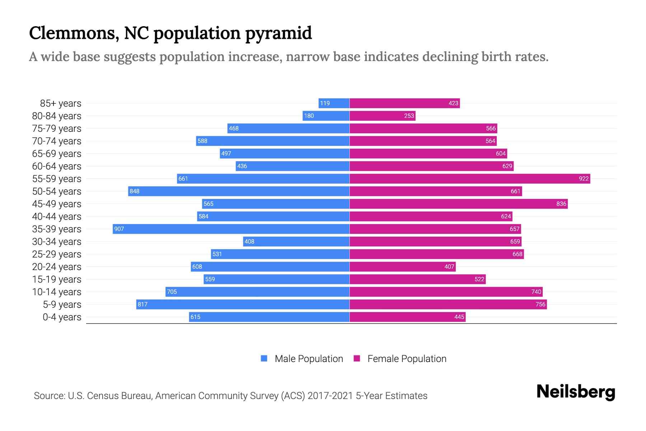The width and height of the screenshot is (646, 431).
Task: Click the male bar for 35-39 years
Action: [x=231, y=229]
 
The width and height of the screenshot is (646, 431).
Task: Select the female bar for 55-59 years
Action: [x=469, y=179]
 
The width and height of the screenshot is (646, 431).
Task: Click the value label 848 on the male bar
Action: [x=135, y=191]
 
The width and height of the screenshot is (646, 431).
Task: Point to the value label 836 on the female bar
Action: [x=561, y=204]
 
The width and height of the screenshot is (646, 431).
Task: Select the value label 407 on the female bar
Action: [x=449, y=267]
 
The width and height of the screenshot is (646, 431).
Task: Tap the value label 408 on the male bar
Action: [x=249, y=241]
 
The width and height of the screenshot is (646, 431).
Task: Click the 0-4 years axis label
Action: [x=62, y=317]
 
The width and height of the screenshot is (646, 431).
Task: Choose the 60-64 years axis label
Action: [x=57, y=166]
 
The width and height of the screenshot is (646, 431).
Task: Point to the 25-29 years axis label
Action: [x=57, y=254]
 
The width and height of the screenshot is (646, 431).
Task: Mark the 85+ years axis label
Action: [x=60, y=103]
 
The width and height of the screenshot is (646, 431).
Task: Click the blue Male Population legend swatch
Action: [x=264, y=358]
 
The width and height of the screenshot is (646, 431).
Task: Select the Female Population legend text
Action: [x=407, y=358]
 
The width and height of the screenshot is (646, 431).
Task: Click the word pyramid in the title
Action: [x=278, y=33]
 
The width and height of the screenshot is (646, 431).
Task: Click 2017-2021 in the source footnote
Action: [x=330, y=395]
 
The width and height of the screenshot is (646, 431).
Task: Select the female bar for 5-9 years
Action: [x=448, y=304]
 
